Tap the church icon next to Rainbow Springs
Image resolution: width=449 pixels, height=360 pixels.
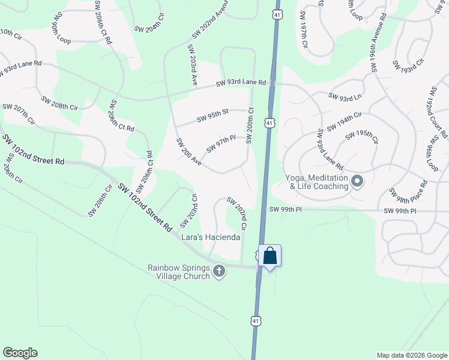[219, 271]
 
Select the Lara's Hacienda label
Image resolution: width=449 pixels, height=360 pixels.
[211, 238]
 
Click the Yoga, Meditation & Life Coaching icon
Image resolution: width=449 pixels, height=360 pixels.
[357, 181]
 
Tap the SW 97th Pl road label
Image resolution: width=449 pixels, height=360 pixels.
[220, 144]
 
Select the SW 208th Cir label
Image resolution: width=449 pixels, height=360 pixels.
[60, 103]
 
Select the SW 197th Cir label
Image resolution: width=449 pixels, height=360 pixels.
[304, 37]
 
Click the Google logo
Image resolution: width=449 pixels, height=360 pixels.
[20, 353]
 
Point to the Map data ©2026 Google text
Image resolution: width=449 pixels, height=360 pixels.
[411, 355]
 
